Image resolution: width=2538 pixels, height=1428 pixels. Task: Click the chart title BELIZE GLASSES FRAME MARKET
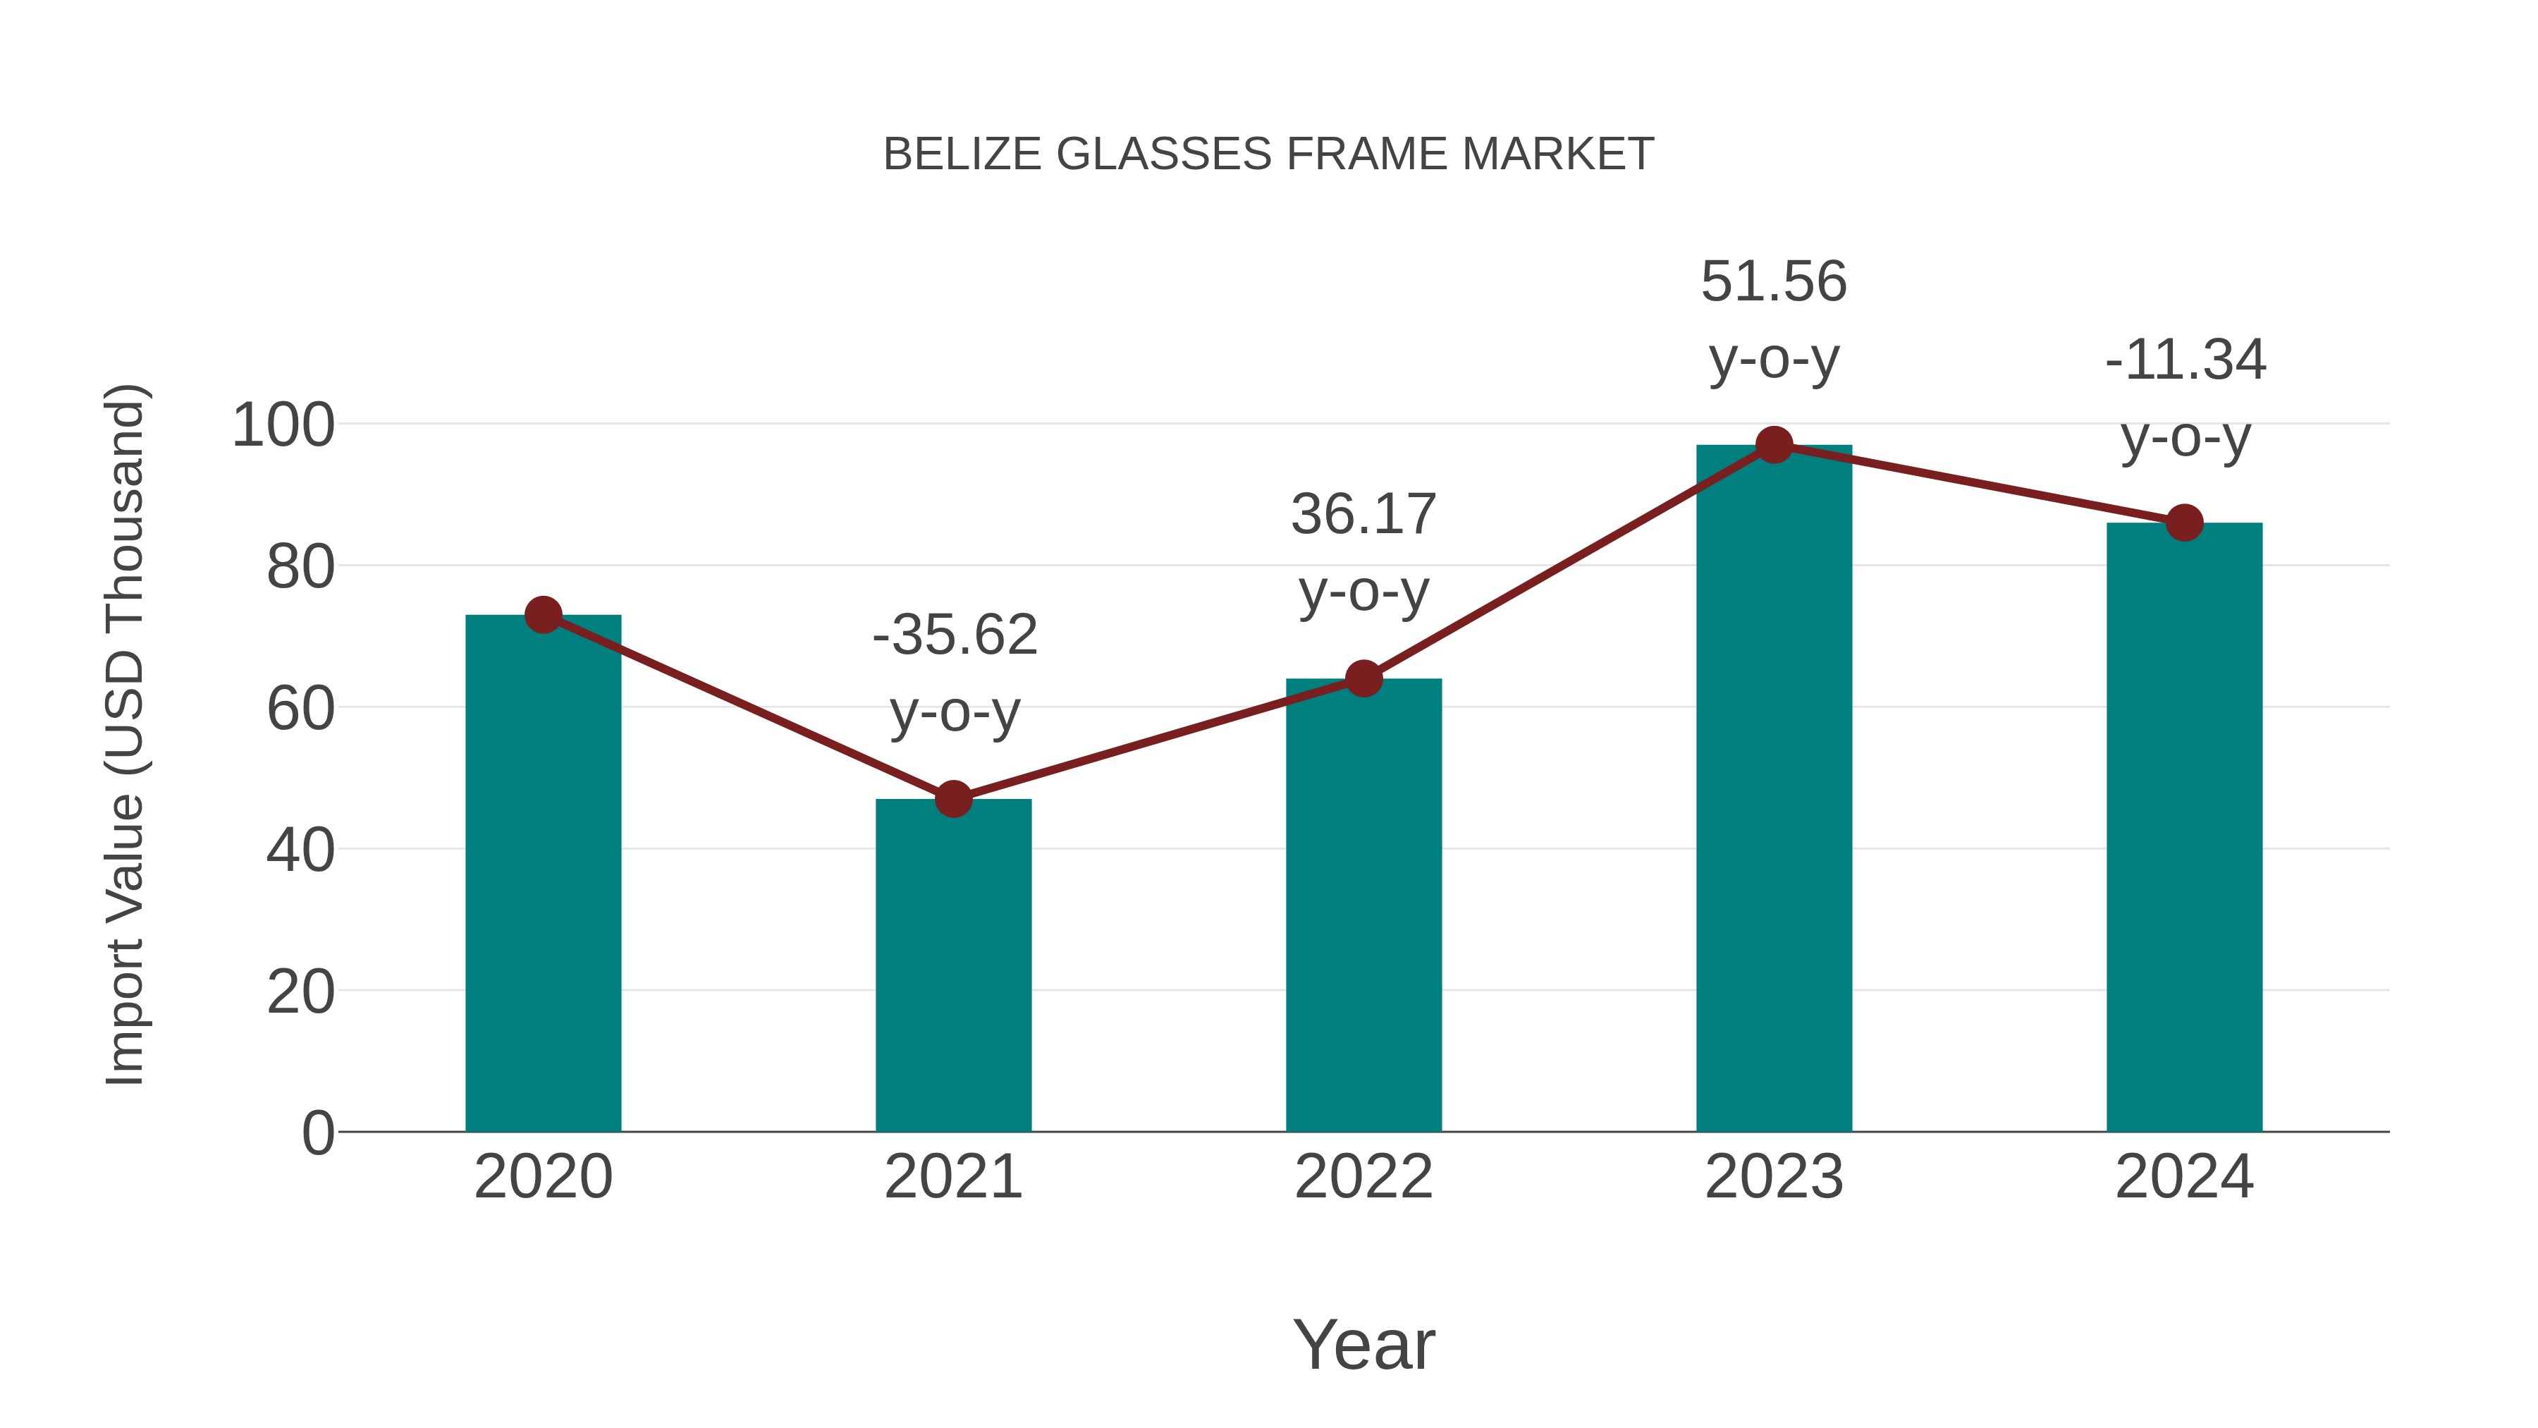coord(1268,154)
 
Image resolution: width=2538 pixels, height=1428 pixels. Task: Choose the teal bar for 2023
coord(1774,788)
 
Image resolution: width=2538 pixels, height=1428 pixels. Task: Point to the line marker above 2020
coord(543,615)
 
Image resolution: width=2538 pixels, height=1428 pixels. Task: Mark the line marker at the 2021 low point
coord(952,798)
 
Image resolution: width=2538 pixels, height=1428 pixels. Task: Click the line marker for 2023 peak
coord(1774,446)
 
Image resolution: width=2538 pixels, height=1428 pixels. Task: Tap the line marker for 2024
coord(2184,523)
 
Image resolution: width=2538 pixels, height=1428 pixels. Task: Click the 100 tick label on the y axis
coord(283,426)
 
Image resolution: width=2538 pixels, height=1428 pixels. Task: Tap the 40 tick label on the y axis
coord(300,850)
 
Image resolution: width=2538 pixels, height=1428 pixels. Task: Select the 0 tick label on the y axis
coord(317,1133)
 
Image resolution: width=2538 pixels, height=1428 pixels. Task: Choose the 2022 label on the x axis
coord(1363,1177)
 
